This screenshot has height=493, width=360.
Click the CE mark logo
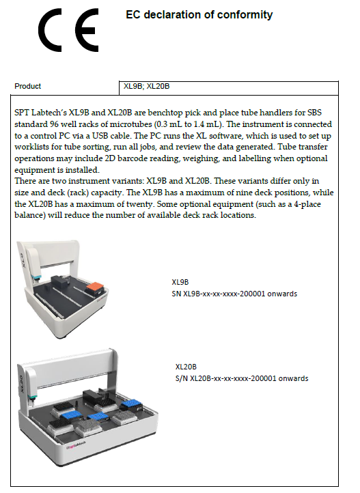tap(68, 30)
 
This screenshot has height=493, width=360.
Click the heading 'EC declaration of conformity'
tap(199, 15)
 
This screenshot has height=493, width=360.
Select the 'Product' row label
tap(28, 86)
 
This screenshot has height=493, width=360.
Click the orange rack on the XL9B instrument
tap(95, 287)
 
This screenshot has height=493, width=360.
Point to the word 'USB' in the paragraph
tap(100, 135)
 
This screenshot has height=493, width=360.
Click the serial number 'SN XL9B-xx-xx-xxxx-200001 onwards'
tap(234, 294)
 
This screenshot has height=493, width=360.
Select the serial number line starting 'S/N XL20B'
tap(242, 378)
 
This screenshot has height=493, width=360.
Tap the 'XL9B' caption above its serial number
tap(180, 282)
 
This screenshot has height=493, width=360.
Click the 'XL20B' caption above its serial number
tap(186, 367)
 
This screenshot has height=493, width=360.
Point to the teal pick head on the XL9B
tap(37, 277)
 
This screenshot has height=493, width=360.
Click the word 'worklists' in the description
tap(29, 147)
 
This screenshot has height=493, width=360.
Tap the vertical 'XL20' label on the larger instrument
tap(22, 384)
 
